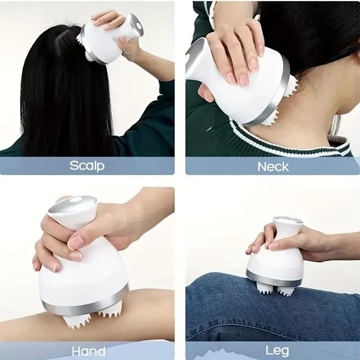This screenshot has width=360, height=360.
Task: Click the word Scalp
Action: [x=87, y=166]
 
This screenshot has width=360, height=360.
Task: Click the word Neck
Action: [x=273, y=166]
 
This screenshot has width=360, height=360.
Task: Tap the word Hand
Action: [x=89, y=351]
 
